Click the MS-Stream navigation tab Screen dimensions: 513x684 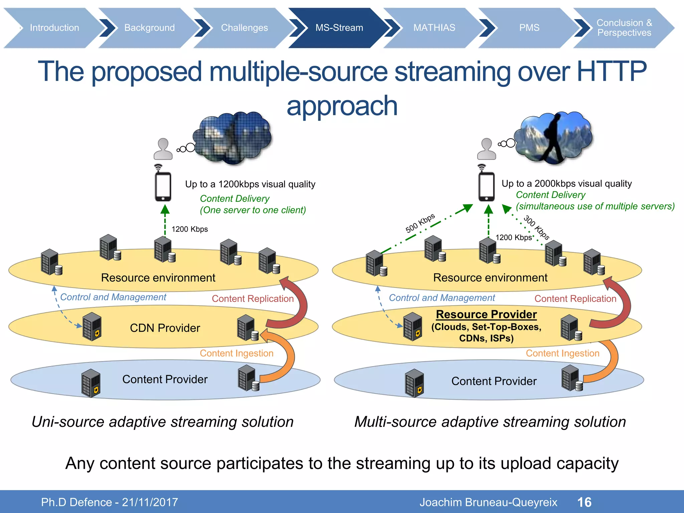tap(339, 28)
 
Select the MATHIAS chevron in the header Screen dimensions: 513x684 tap(434, 28)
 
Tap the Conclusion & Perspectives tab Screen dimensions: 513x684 tap(624, 28)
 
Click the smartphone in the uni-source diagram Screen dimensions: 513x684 tap(163, 186)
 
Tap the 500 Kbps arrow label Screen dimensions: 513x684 tap(420, 223)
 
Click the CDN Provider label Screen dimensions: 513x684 tap(165, 328)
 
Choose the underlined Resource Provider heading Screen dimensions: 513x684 tap(486, 314)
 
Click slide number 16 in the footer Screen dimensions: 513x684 tap(584, 502)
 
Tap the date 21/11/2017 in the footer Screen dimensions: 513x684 tap(150, 502)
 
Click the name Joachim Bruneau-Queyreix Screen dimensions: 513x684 tap(488, 502)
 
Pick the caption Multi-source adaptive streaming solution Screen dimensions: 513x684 tap(490, 422)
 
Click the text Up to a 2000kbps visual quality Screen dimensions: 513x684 tap(566, 183)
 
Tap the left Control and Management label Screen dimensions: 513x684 tap(113, 297)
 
